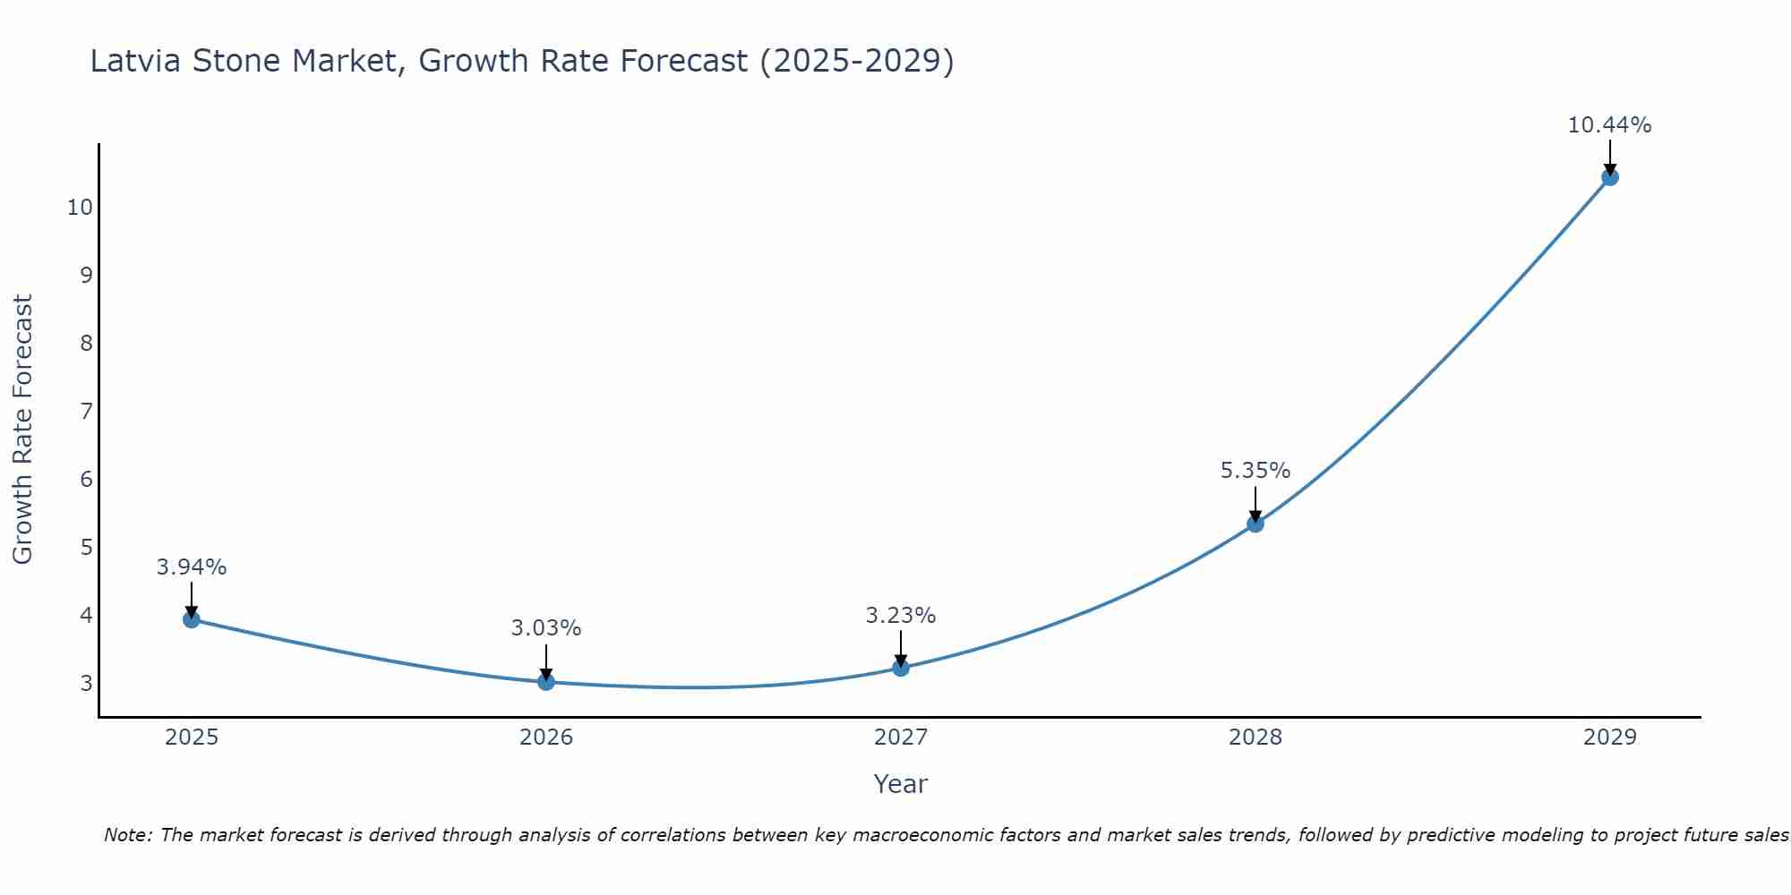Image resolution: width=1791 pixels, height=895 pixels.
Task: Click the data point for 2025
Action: pyautogui.click(x=191, y=619)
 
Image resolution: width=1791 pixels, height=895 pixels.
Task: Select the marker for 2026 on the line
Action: pyautogui.click(x=546, y=682)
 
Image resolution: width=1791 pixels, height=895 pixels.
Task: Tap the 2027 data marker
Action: pyautogui.click(x=901, y=668)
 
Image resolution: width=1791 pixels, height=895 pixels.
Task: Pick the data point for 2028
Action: pyautogui.click(x=1255, y=524)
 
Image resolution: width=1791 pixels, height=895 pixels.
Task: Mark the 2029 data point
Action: pyautogui.click(x=1610, y=177)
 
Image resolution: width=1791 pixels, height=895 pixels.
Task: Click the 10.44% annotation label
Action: pyautogui.click(x=1609, y=125)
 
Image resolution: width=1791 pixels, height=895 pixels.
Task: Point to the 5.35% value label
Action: pyautogui.click(x=1255, y=471)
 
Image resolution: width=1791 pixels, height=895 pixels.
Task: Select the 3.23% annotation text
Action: pyautogui.click(x=901, y=616)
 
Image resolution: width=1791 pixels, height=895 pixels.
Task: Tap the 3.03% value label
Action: pyautogui.click(x=546, y=628)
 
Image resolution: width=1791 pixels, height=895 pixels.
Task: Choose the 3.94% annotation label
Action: pyautogui.click(x=192, y=567)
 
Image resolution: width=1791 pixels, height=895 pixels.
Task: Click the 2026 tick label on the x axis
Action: pyautogui.click(x=546, y=737)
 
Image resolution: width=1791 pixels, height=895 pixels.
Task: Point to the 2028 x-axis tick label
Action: pyautogui.click(x=1255, y=737)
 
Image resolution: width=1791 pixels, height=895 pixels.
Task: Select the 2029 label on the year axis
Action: pyautogui.click(x=1610, y=737)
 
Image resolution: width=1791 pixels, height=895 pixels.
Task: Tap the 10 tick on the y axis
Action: pyautogui.click(x=80, y=208)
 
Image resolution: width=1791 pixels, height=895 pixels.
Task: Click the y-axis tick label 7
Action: pyautogui.click(x=86, y=412)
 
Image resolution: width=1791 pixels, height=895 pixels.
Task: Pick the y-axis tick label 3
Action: pyautogui.click(x=86, y=684)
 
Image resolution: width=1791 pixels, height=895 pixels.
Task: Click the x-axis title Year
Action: pyautogui.click(x=900, y=784)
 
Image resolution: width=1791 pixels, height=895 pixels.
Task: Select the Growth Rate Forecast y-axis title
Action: pyautogui.click(x=23, y=430)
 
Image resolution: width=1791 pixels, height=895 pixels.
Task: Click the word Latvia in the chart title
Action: pyautogui.click(x=135, y=62)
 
